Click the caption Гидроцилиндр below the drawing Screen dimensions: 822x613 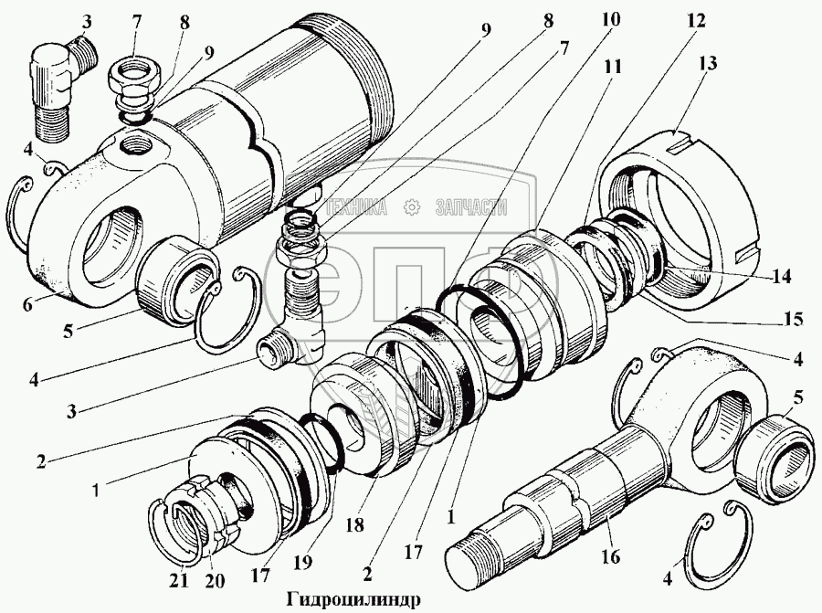click(353, 599)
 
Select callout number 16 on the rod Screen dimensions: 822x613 click(611, 556)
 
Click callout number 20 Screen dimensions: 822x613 click(215, 581)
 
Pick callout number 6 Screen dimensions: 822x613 click(27, 303)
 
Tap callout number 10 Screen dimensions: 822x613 click(611, 19)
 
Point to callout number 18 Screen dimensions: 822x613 click(355, 524)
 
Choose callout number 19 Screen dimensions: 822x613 click(303, 563)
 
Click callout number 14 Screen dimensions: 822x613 click(781, 276)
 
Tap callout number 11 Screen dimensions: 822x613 click(612, 67)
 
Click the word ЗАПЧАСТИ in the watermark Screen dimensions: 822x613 click(471, 207)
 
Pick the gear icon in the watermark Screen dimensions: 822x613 click(413, 207)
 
